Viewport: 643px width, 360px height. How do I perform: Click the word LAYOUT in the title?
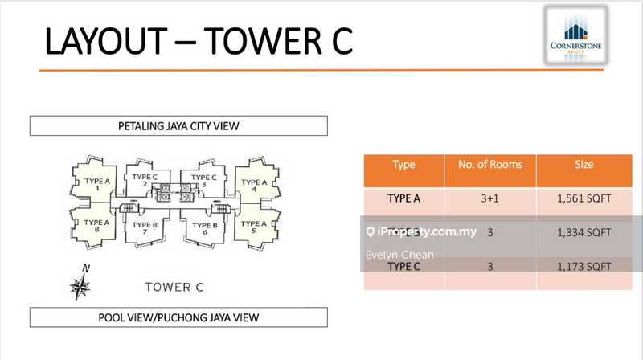point(105,42)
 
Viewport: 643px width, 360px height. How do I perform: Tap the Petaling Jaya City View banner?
point(178,125)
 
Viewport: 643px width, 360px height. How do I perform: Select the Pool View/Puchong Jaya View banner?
point(178,317)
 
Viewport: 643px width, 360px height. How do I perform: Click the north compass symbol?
point(80,284)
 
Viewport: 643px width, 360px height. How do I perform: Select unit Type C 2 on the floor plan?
point(145,182)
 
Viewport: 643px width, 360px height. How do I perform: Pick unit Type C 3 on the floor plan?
point(204,182)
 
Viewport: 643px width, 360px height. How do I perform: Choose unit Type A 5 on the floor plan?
point(254,228)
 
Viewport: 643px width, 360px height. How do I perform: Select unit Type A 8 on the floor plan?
point(96,228)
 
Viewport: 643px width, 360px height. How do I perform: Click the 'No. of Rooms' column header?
point(490,165)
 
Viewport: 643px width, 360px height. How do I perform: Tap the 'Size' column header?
point(584,165)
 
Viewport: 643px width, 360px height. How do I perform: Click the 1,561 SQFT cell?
point(584,198)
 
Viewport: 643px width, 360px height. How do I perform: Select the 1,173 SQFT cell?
point(584,266)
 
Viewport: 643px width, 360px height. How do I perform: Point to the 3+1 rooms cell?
point(490,198)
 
